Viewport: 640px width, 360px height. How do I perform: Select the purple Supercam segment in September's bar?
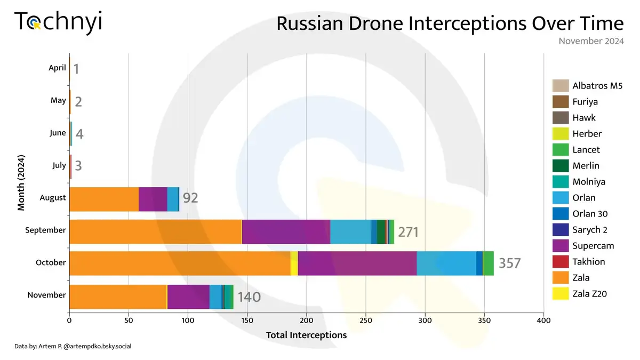(286, 231)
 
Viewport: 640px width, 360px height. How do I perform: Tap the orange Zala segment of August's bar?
(104, 199)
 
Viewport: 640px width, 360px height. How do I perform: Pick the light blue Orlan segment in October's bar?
(446, 263)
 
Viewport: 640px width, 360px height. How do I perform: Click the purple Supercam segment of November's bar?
(188, 297)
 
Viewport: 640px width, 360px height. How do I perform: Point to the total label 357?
(509, 263)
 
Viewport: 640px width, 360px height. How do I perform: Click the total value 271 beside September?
(408, 232)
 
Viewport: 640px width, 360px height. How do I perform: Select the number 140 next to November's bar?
(249, 297)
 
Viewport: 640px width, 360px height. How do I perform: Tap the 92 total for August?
(190, 198)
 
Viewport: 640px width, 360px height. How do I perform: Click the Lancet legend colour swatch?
(560, 150)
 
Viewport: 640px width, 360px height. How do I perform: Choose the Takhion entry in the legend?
(588, 262)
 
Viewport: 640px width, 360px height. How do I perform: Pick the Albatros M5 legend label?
(597, 86)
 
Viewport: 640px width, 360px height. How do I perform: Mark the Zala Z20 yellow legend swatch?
(560, 294)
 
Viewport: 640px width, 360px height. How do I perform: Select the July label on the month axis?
(59, 165)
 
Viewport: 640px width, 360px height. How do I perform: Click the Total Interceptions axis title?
(306, 335)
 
